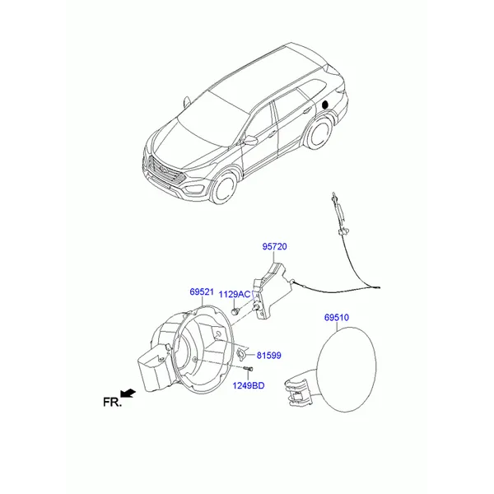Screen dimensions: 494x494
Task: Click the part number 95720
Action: pyautogui.click(x=274, y=246)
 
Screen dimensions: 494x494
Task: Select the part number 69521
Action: pyautogui.click(x=202, y=292)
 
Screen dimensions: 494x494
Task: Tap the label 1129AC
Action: pyautogui.click(x=235, y=294)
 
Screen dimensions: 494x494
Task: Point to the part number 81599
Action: pyautogui.click(x=268, y=356)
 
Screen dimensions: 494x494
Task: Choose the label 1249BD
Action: pyautogui.click(x=249, y=385)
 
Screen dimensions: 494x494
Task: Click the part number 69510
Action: pyautogui.click(x=337, y=317)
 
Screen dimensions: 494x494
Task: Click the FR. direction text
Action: pyautogui.click(x=112, y=402)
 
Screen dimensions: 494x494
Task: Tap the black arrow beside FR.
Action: pyautogui.click(x=128, y=393)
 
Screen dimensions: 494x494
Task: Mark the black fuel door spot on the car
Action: pyautogui.click(x=325, y=105)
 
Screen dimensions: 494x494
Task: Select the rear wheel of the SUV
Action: pyautogui.click(x=319, y=133)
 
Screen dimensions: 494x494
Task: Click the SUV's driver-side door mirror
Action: pyautogui.click(x=250, y=141)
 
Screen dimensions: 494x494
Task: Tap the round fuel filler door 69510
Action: pyautogui.click(x=346, y=370)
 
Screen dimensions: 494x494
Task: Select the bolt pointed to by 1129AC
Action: pyautogui.click(x=235, y=311)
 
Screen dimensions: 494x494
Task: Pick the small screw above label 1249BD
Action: pyautogui.click(x=249, y=368)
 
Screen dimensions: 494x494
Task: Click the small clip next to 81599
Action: pyautogui.click(x=241, y=354)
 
